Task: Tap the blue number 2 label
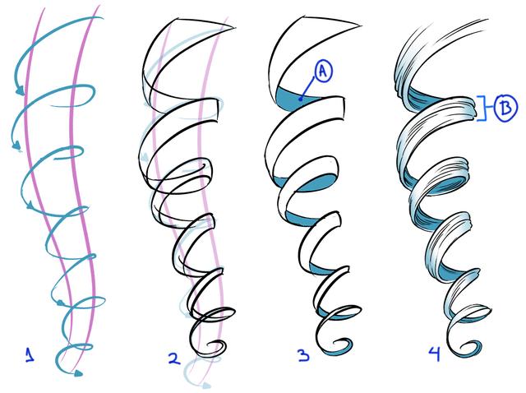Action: point(175,359)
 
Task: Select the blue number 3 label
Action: point(303,355)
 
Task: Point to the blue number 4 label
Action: point(435,354)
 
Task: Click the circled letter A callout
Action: point(323,72)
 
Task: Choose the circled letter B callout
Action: point(505,108)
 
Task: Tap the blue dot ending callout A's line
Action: point(301,99)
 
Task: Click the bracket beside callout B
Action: point(482,108)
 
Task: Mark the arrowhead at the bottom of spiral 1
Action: point(78,372)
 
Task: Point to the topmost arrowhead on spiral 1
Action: point(20,90)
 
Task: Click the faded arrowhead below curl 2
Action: point(205,385)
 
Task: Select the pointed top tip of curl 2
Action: point(233,28)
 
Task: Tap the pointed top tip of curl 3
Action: point(360,25)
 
